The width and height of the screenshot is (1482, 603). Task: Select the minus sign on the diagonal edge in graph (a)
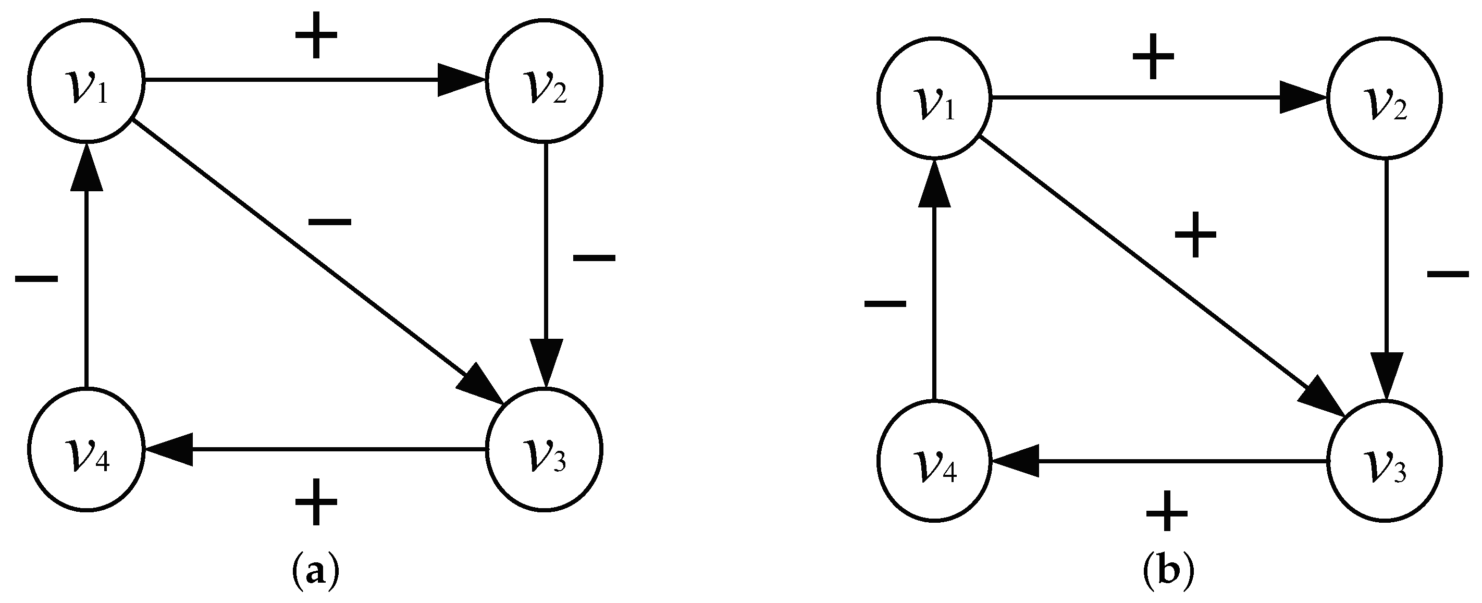[329, 221]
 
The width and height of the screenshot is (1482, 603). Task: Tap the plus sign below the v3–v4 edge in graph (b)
[1167, 511]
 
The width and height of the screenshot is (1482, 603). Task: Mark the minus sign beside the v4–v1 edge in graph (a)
[36, 279]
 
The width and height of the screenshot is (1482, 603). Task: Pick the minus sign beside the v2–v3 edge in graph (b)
[1448, 274]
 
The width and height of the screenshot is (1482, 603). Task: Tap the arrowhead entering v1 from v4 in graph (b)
[934, 184]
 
